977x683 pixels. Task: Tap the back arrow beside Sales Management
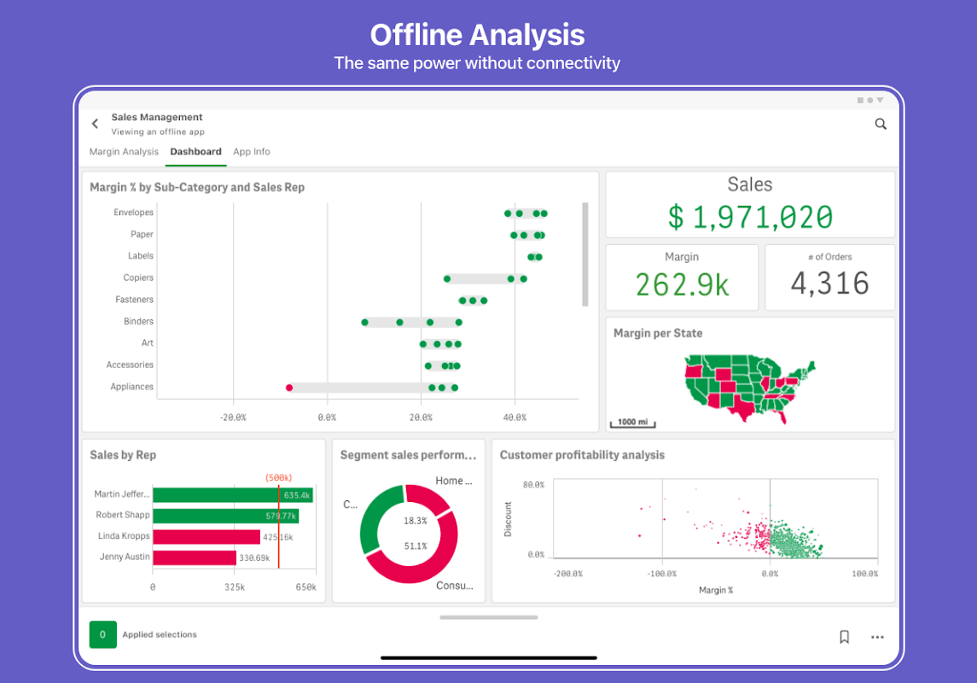(x=95, y=124)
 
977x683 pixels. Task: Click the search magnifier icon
(x=881, y=124)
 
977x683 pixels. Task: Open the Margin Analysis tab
(x=124, y=152)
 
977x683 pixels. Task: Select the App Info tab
(x=252, y=152)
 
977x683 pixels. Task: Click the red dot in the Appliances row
(x=289, y=388)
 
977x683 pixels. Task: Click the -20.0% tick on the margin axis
(x=233, y=417)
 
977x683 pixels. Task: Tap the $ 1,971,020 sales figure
(x=750, y=217)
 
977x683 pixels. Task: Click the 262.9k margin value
(x=682, y=284)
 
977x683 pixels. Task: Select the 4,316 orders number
(x=829, y=283)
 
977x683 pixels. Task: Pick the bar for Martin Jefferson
(x=232, y=495)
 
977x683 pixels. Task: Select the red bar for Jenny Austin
(x=195, y=557)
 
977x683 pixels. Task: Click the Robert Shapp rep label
(x=123, y=515)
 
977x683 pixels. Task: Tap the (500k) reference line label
(x=278, y=477)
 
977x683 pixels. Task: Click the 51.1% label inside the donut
(x=416, y=546)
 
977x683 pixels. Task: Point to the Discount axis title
(x=509, y=519)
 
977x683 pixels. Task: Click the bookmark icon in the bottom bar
(x=844, y=637)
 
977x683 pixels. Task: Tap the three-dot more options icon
(x=877, y=637)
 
